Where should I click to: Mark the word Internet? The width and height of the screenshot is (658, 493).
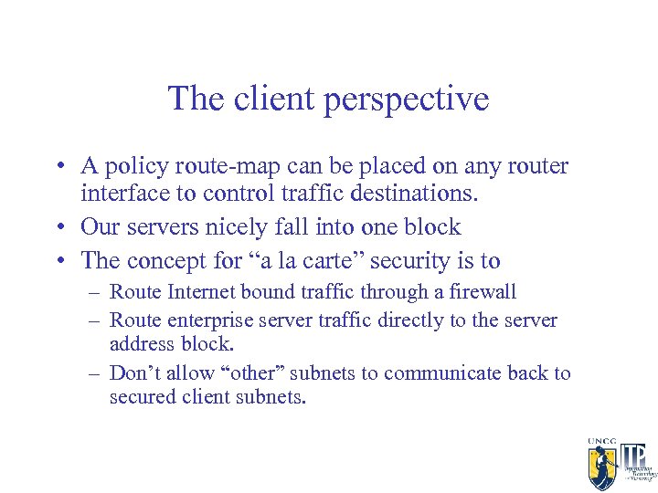(200, 293)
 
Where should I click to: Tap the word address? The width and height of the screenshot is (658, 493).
(140, 344)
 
